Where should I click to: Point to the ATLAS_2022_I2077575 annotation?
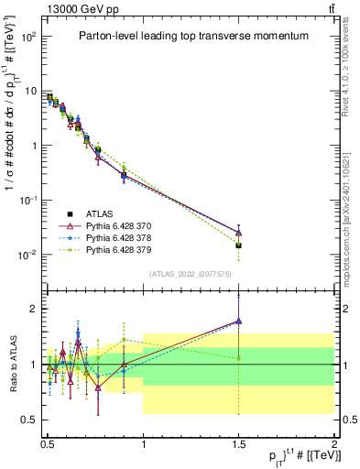point(191,272)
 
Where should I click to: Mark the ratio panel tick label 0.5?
point(31,420)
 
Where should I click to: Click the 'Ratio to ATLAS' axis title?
point(11,365)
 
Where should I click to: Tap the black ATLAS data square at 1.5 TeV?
point(238,245)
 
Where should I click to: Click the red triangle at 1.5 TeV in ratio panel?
point(238,322)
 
